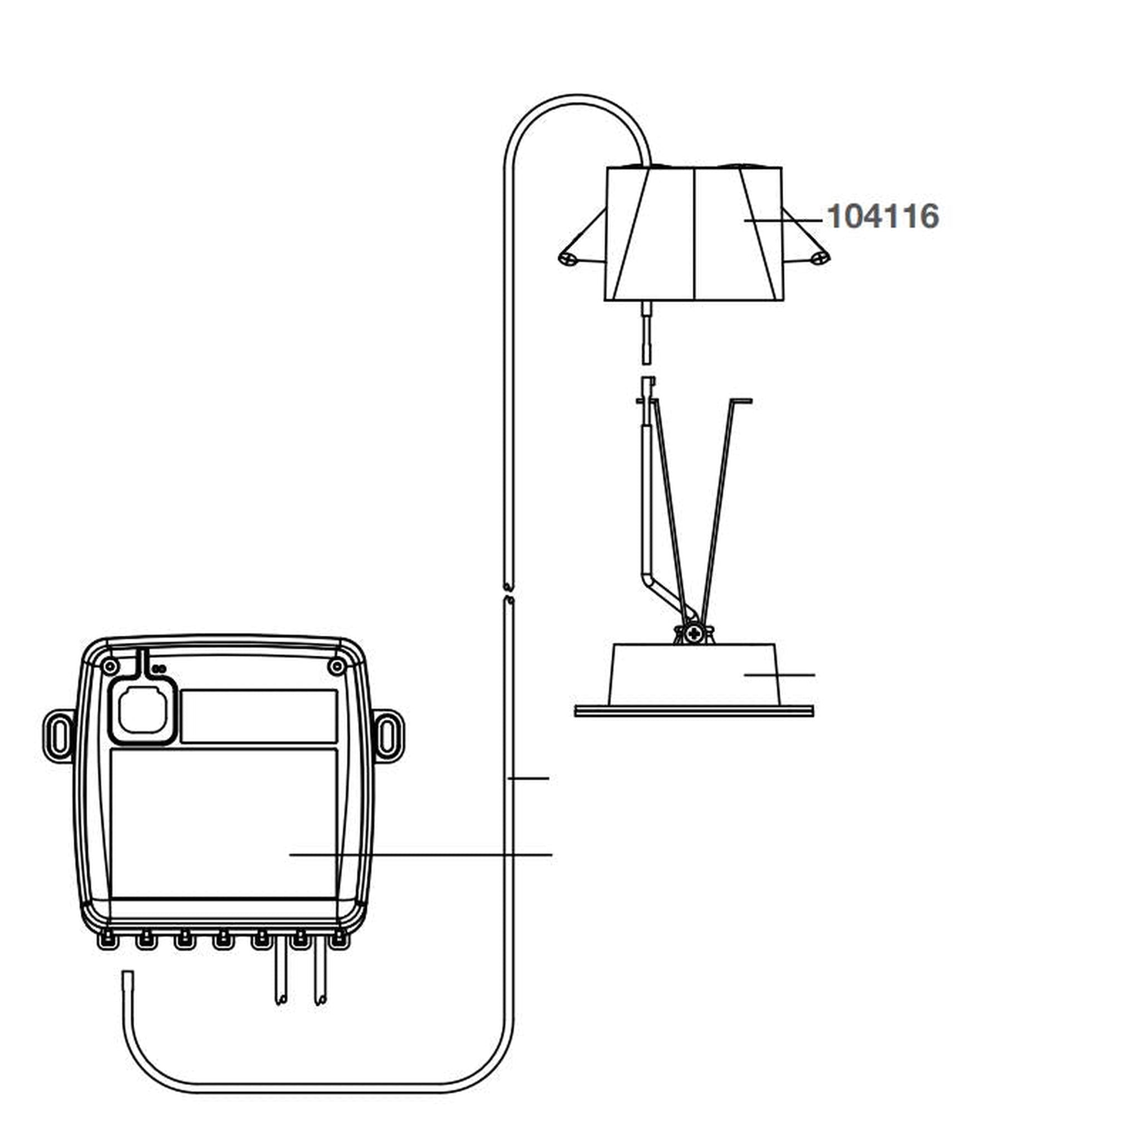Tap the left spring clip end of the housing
coord(568,258)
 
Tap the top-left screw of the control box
coord(109,667)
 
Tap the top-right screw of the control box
coord(336,667)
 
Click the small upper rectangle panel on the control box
coord(258,716)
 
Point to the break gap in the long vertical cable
coord(509,593)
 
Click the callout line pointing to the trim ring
coord(779,675)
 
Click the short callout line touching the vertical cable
coord(529,779)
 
